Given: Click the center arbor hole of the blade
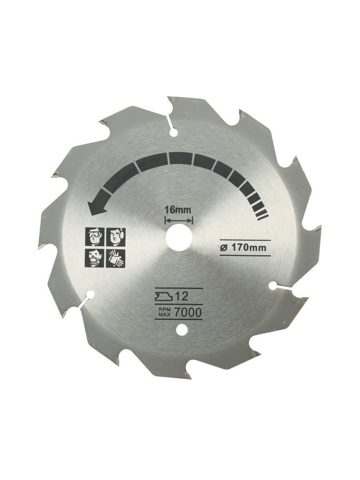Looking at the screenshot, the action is [x=179, y=237].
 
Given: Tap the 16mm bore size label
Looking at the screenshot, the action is [x=178, y=210].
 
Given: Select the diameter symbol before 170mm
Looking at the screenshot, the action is [x=223, y=248].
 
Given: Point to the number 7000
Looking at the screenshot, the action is [x=188, y=312].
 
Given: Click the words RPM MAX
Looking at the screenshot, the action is [x=164, y=312].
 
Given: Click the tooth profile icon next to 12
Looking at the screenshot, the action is [x=164, y=296].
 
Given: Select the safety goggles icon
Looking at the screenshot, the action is [x=94, y=237].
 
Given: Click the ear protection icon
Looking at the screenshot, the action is [x=115, y=237].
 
